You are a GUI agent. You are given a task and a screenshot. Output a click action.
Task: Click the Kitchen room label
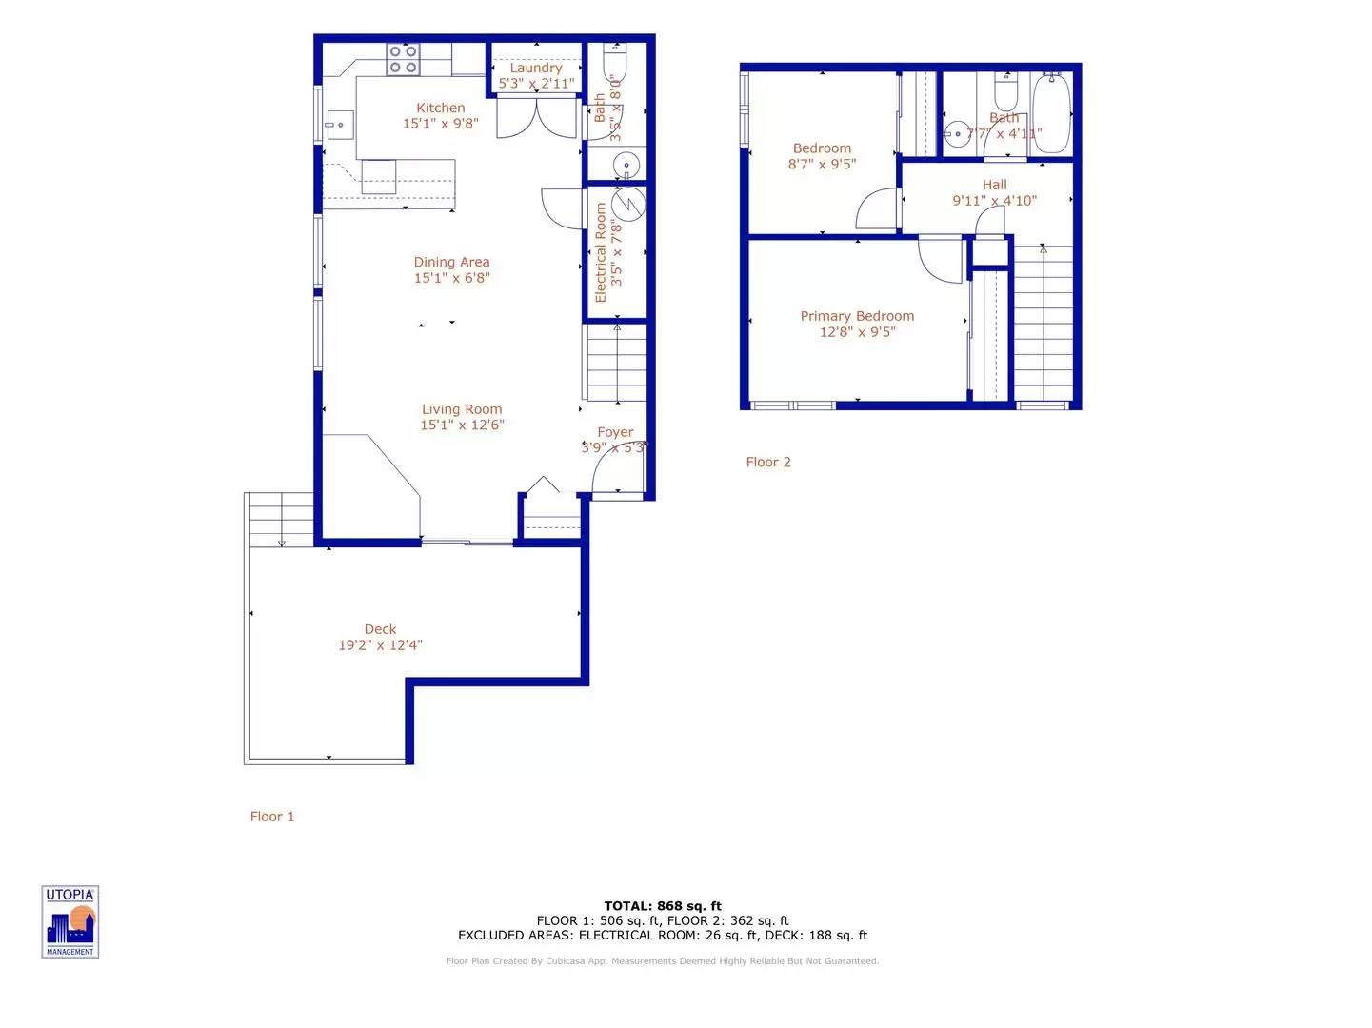440,109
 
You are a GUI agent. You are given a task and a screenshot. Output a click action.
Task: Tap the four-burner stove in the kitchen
402,59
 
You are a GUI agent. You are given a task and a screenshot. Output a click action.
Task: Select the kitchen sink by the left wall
339,125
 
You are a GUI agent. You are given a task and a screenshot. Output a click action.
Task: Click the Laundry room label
536,69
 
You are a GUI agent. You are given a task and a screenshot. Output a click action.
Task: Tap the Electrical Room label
601,252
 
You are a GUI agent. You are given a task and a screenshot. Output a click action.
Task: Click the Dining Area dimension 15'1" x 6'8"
451,278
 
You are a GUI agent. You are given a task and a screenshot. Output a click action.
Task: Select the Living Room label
462,409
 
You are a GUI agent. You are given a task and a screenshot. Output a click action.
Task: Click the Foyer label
615,432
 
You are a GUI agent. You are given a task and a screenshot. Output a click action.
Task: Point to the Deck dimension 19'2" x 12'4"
380,645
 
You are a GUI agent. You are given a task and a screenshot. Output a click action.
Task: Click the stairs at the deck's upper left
281,520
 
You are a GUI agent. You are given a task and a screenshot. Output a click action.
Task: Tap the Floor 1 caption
272,817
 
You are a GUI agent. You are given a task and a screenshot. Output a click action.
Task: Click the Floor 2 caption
768,463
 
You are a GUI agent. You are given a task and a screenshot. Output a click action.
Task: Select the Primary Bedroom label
857,316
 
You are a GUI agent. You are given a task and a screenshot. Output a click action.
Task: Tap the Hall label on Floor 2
994,185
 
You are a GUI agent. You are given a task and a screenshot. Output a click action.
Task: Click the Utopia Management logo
70,921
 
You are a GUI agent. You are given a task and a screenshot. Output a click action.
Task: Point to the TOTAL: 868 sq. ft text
663,906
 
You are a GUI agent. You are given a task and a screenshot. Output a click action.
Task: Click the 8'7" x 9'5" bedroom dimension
822,164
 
